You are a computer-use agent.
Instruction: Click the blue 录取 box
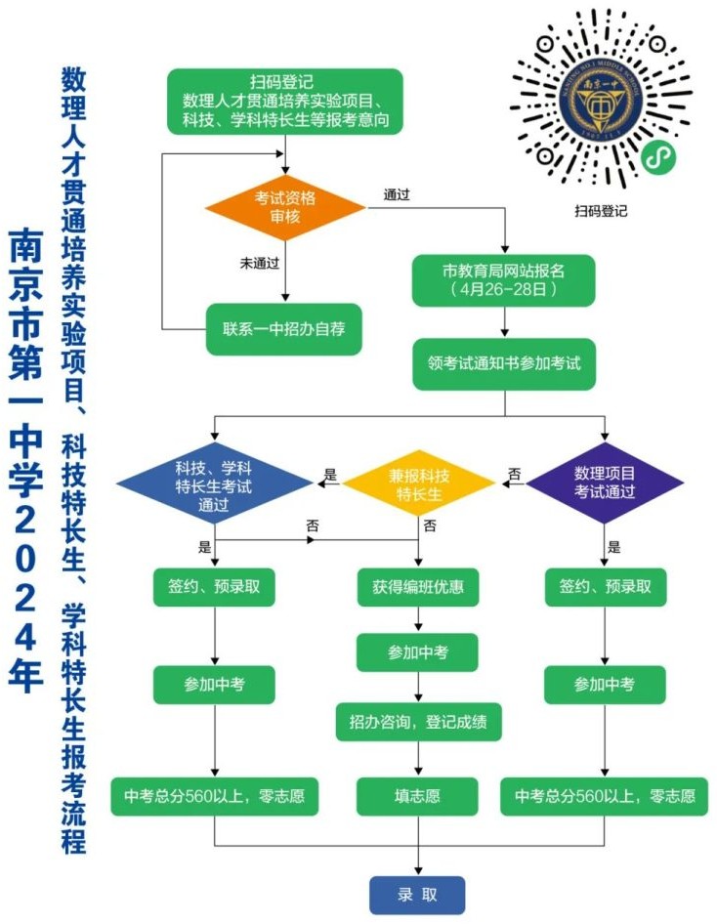tap(417, 895)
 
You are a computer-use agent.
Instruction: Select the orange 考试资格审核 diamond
tap(285, 207)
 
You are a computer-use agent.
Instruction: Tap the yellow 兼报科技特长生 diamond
tap(418, 484)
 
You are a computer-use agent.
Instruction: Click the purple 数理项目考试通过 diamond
tap(605, 483)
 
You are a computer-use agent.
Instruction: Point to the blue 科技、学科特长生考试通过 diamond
tap(214, 483)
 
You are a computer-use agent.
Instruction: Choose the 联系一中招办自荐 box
tap(283, 329)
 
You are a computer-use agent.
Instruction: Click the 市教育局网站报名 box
tap(503, 280)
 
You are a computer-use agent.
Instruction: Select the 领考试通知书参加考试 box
tap(504, 363)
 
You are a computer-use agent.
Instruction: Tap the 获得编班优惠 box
tap(418, 587)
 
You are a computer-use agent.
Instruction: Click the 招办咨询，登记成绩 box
tap(418, 722)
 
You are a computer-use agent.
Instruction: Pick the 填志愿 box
tap(417, 797)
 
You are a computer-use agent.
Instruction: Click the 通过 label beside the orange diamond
tap(397, 194)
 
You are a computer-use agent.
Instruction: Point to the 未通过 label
tap(259, 263)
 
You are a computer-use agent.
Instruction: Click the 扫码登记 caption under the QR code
tap(601, 210)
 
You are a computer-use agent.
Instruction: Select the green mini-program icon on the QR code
tap(658, 156)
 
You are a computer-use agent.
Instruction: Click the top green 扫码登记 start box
tap(285, 102)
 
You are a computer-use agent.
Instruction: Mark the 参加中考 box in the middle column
tap(418, 652)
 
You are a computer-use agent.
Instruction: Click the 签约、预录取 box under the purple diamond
tap(605, 587)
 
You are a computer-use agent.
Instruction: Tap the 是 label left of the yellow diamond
tap(330, 475)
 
